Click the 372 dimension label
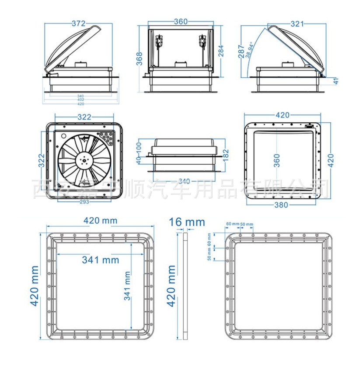78,24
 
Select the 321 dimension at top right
297,24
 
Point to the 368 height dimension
139,58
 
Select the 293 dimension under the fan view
84,202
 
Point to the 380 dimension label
283,205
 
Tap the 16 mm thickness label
187,222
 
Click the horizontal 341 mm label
100,260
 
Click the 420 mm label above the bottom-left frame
100,221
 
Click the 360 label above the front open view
181,21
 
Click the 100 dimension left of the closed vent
139,145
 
